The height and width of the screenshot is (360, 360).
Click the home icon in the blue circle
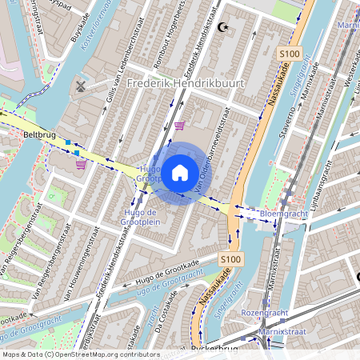pos(179,172)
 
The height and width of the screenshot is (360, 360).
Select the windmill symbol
pos(80,85)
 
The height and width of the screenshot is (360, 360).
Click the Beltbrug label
pos(40,135)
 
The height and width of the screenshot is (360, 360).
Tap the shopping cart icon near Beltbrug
pos(81,165)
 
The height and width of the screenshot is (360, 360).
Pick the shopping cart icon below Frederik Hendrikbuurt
pos(179,125)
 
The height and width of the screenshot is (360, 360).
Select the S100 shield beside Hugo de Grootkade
pos(230,259)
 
